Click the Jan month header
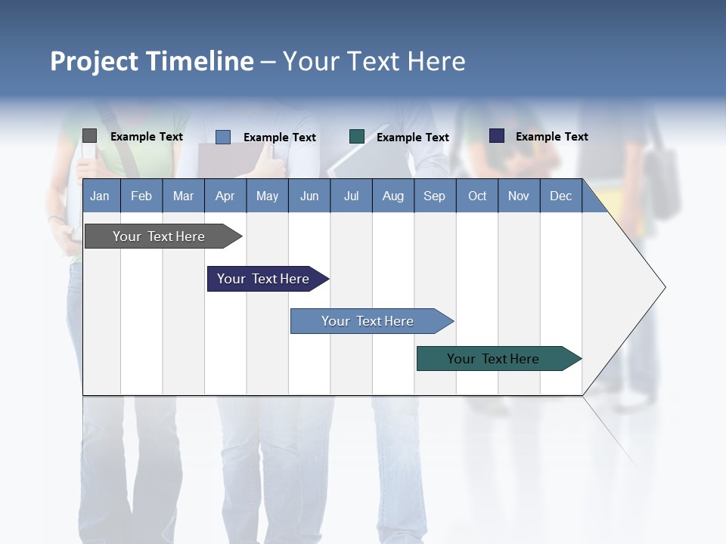pos(100,196)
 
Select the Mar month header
pos(183,196)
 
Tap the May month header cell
pos(267,196)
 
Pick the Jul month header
pos(351,196)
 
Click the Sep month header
pos(434,196)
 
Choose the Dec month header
pos(560,196)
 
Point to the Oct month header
pos(477,196)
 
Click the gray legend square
pos(89,136)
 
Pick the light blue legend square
pos(223,137)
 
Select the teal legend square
pos(357,137)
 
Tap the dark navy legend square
pos(497,136)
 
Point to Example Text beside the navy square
pos(551,137)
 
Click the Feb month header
pos(141,196)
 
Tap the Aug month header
pos(392,196)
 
